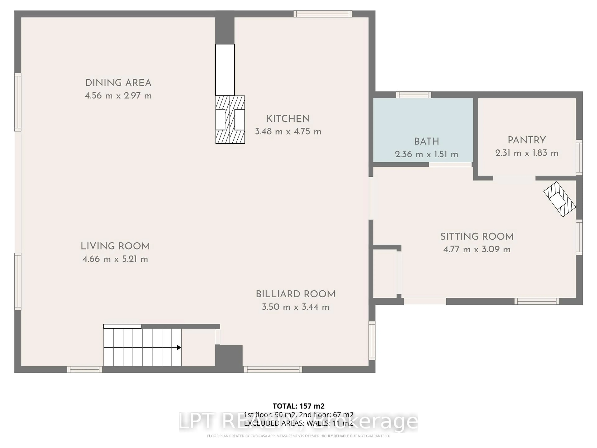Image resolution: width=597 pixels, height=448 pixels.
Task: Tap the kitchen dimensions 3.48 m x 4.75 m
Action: point(288,132)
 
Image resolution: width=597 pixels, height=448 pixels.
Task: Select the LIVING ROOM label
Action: point(115,246)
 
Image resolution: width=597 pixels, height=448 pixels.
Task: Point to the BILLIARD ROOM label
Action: point(296,294)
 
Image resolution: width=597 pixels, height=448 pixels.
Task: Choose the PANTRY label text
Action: point(527,140)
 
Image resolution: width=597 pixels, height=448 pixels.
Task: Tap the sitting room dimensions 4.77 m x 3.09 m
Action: point(477,249)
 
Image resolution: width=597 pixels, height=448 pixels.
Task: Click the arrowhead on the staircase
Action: point(179,348)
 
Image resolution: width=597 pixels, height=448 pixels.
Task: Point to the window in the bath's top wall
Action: point(414,95)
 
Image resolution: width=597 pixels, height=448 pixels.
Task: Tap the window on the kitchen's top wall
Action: point(323,14)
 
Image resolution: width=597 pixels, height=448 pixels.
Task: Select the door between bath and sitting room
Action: point(450,164)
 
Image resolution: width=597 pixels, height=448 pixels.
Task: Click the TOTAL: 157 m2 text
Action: point(298,406)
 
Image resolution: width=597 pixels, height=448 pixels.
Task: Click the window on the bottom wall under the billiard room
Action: point(273,369)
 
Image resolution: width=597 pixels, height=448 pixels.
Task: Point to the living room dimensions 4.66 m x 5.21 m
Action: point(115,259)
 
